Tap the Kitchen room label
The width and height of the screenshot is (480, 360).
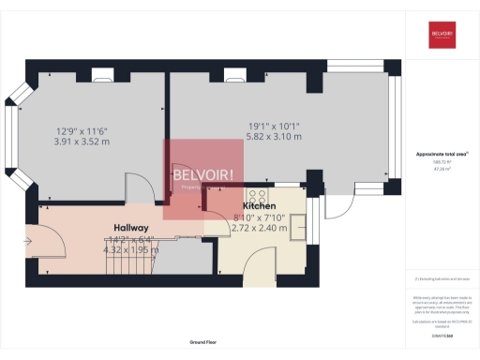(259, 205)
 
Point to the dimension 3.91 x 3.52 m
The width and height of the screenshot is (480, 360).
(82, 142)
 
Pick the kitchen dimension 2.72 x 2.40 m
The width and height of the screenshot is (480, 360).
(259, 228)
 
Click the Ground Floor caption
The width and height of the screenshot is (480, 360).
(202, 343)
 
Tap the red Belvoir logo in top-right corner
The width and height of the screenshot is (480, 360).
(442, 37)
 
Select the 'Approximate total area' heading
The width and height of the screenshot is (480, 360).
(441, 155)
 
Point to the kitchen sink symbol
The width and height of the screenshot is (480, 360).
(298, 226)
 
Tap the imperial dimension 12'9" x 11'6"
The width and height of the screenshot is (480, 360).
(82, 130)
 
